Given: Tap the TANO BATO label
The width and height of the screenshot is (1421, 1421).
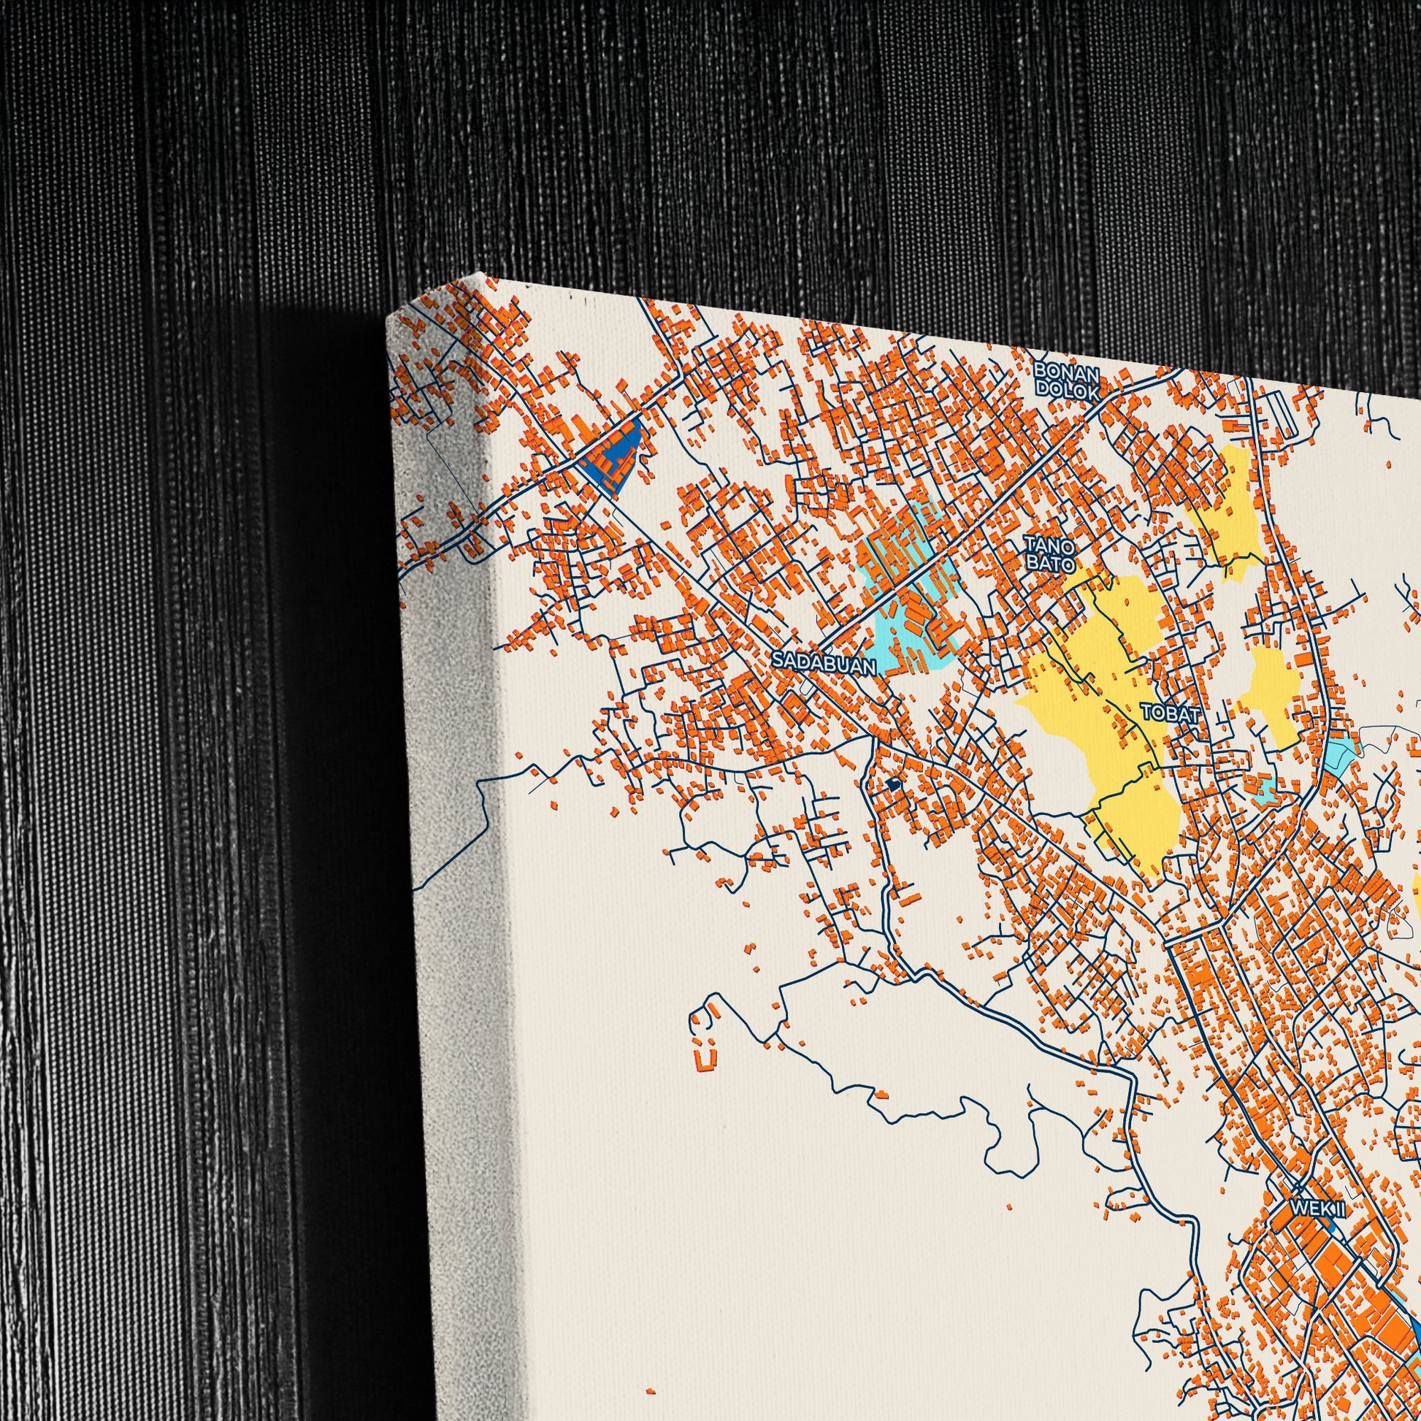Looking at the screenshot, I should [1049, 554].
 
